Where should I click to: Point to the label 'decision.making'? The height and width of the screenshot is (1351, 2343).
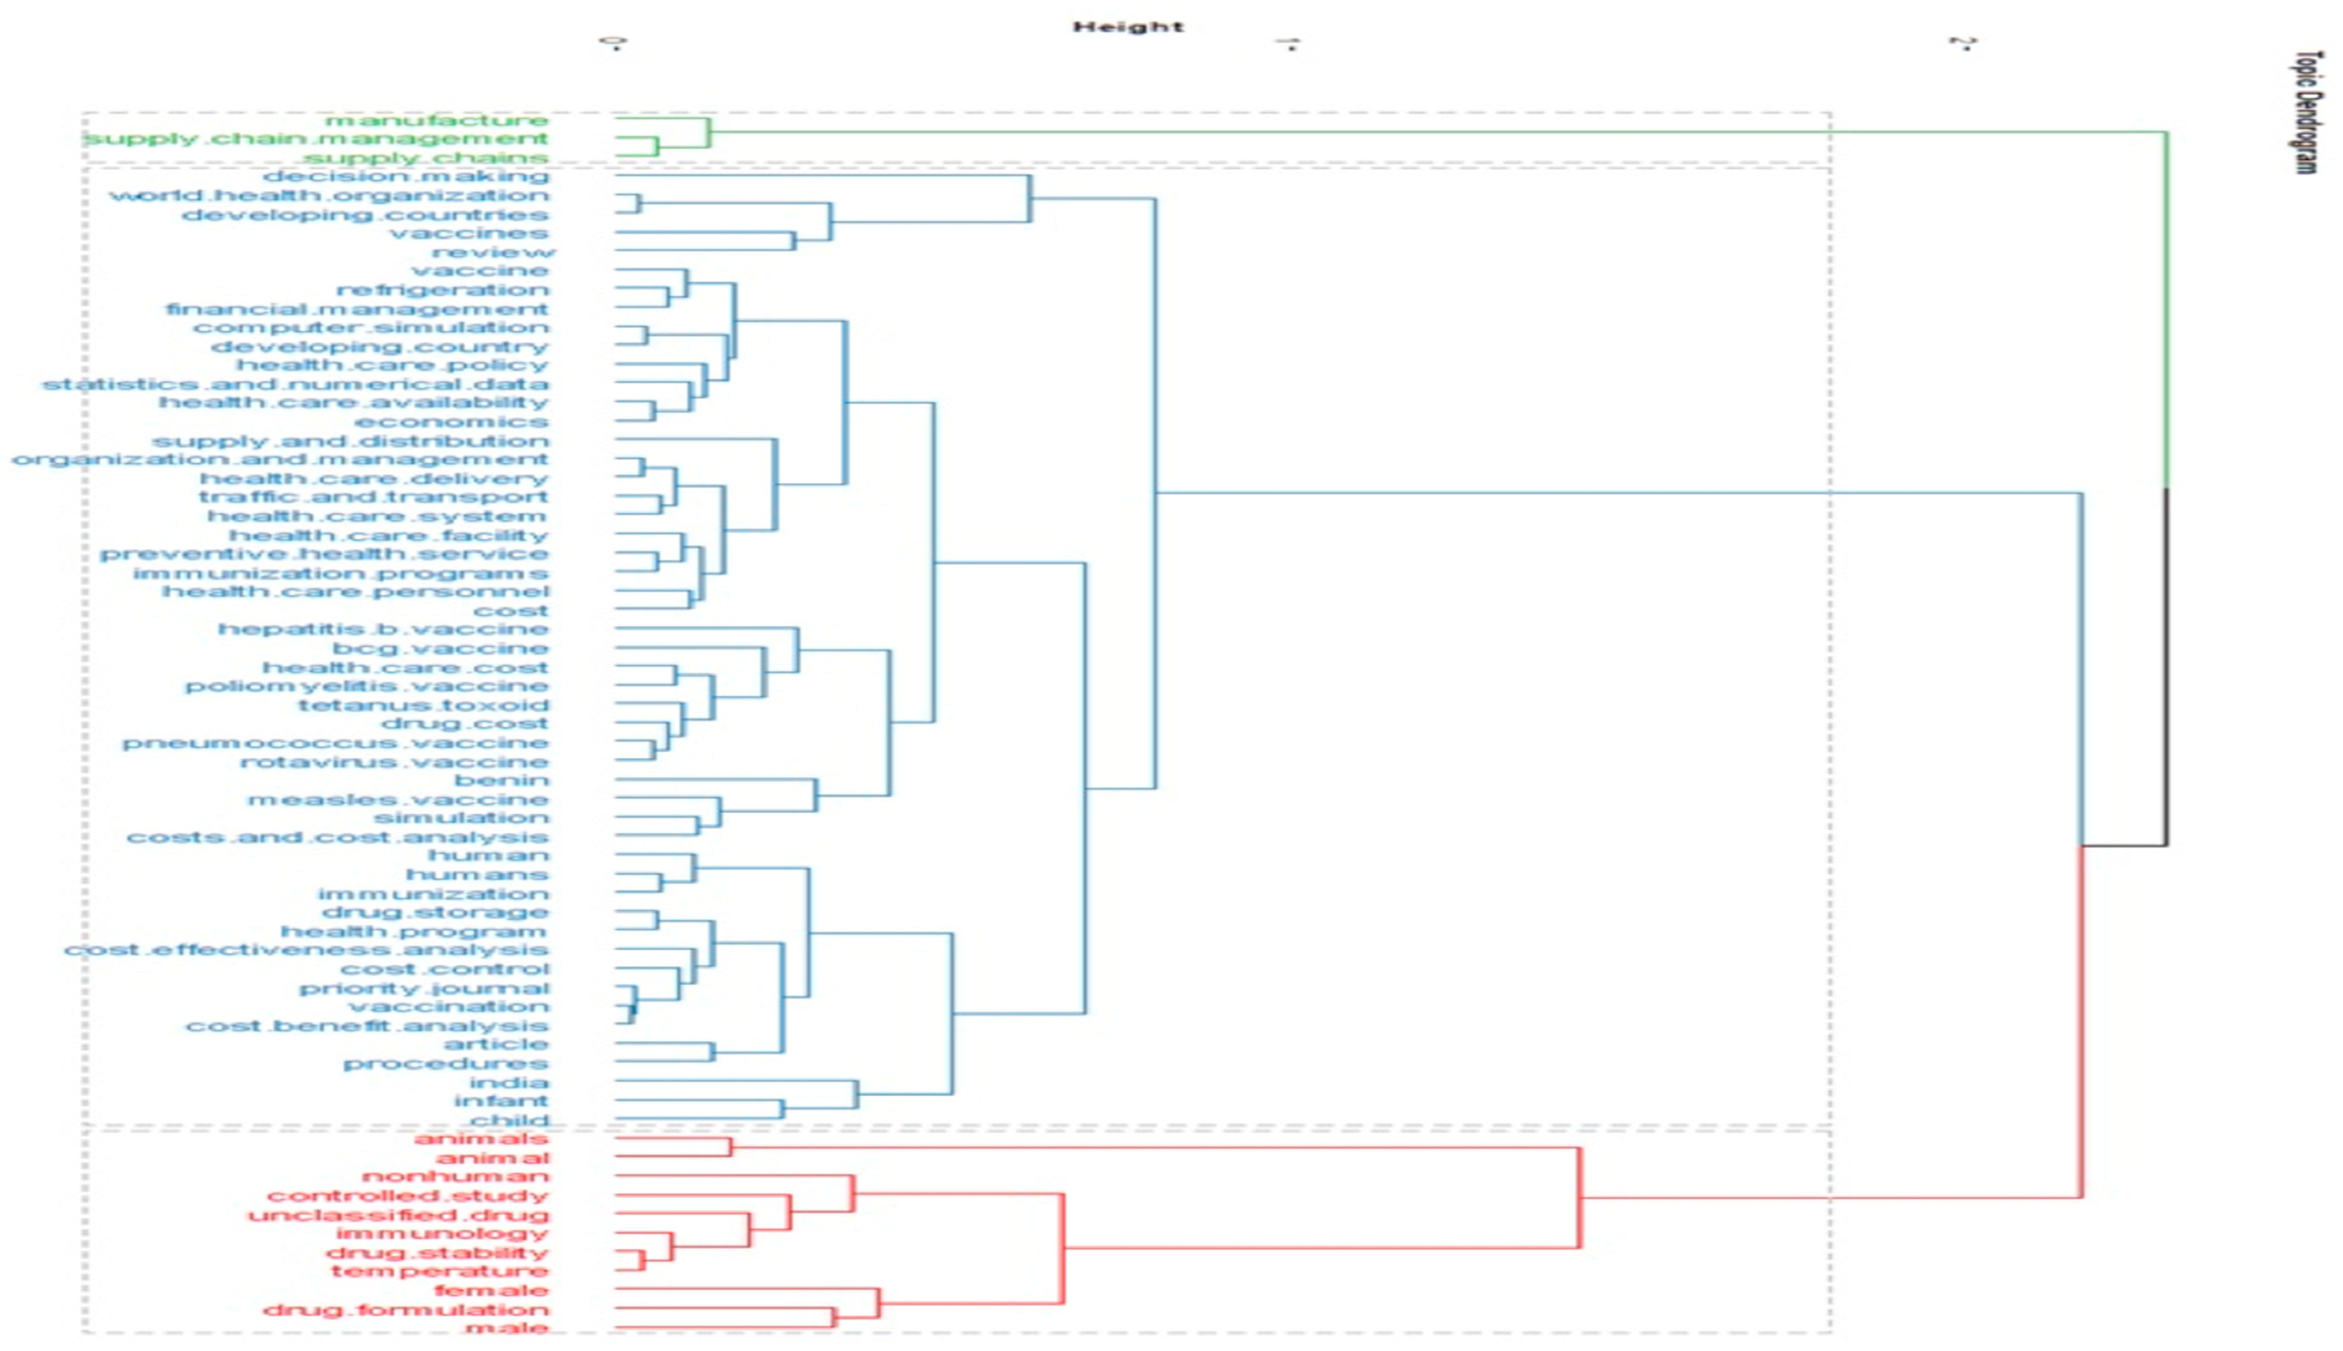point(406,176)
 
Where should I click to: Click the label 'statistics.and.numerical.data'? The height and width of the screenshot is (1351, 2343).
point(295,384)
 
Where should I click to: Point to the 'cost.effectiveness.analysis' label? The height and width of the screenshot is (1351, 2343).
point(306,950)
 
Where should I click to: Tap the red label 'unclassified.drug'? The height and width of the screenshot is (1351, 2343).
point(398,1215)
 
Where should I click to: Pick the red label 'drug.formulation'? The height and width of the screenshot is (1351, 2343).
point(406,1309)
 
